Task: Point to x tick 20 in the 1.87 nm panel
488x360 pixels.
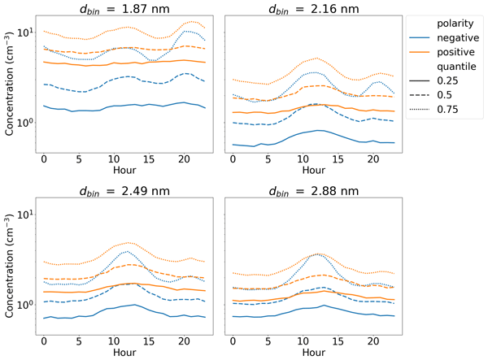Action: [x=183, y=160]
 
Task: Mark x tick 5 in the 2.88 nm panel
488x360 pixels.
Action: [x=267, y=341]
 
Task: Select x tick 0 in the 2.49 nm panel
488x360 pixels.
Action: [x=44, y=341]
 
